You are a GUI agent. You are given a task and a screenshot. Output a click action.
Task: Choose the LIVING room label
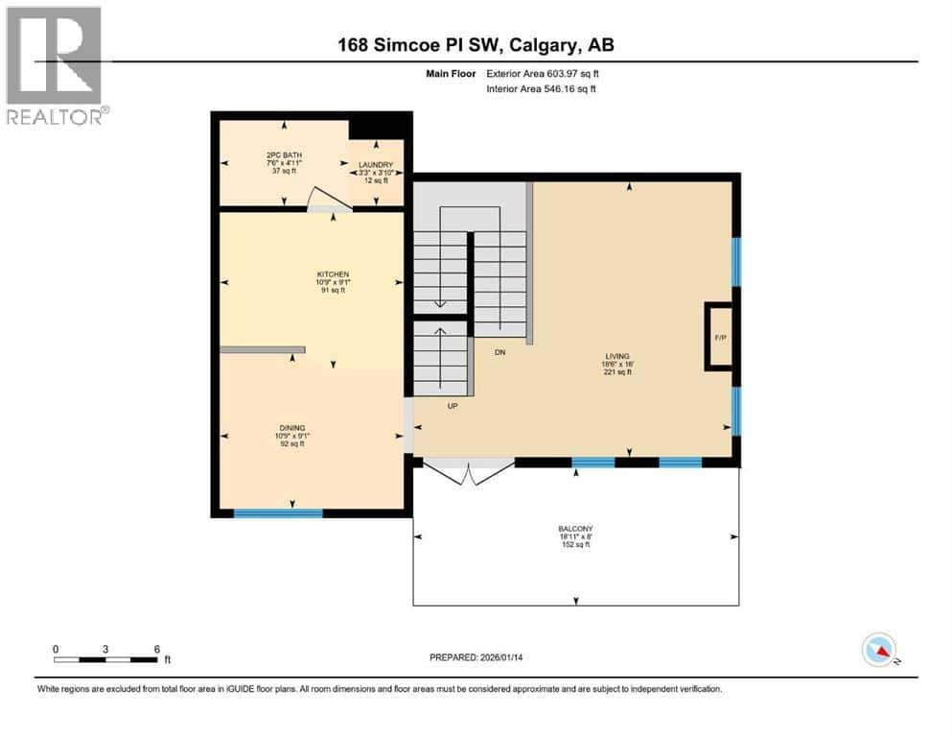615,364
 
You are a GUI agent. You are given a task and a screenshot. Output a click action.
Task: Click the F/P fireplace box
719,337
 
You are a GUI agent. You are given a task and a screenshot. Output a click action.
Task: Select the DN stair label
499,352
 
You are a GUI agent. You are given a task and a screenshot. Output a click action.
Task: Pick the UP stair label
453,405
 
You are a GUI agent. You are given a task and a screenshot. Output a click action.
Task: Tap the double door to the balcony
468,471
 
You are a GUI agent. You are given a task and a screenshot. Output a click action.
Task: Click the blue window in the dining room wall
278,513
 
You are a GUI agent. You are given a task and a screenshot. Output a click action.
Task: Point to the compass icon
879,650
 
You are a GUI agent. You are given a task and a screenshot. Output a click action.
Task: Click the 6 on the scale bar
156,648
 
